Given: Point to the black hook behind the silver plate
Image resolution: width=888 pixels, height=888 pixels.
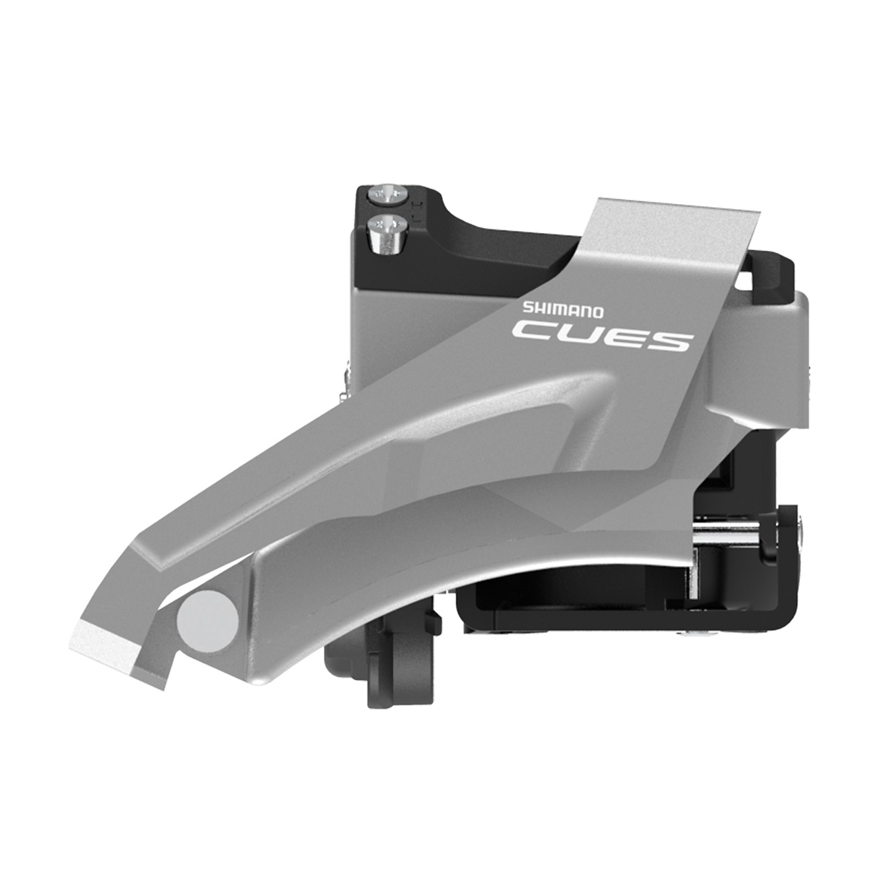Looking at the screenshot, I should pos(766,277).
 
